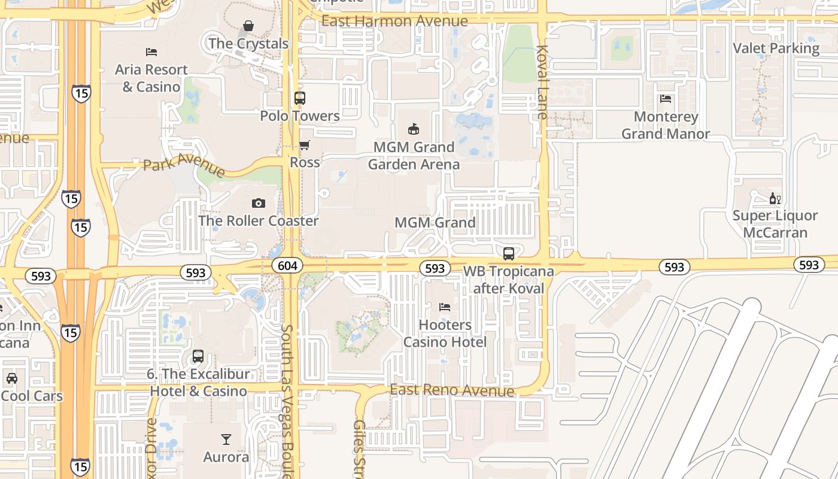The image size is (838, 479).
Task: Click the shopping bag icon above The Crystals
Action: (x=248, y=26)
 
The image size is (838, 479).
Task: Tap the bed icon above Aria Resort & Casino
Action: (x=151, y=53)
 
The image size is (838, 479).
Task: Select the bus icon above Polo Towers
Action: (x=300, y=98)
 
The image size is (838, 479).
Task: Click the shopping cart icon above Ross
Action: (x=305, y=145)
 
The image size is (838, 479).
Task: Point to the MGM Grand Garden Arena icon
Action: (x=413, y=129)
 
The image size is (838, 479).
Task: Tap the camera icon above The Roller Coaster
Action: (x=259, y=204)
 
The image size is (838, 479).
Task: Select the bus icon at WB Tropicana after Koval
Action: (x=509, y=254)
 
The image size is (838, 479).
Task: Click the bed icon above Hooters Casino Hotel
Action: (x=445, y=307)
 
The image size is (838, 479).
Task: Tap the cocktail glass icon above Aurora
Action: (x=226, y=439)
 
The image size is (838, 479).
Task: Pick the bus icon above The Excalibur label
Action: (x=198, y=357)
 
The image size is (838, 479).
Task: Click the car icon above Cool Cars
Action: (x=11, y=378)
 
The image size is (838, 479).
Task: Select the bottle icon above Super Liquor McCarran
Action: (x=775, y=198)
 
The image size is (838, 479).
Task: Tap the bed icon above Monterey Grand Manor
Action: (x=666, y=99)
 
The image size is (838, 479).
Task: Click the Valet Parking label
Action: (x=776, y=48)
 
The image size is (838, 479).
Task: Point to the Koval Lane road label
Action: (x=543, y=82)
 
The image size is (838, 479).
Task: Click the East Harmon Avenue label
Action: (x=394, y=21)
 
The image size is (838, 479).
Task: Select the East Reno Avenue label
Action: (x=452, y=390)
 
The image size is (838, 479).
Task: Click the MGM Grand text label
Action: (x=435, y=223)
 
